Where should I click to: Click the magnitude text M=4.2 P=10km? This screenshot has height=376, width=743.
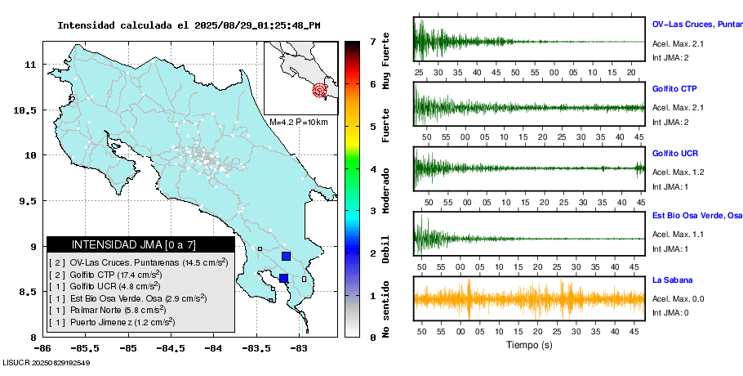point(298,123)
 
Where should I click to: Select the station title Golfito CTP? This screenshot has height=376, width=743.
point(674,88)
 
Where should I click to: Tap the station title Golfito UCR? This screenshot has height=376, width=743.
point(674,154)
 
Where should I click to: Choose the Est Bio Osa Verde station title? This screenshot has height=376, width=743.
point(696,217)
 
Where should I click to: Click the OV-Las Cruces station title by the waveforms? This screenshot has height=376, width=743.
point(696,24)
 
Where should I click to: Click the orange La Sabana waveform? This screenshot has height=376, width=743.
point(529,299)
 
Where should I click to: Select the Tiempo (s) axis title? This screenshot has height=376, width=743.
point(529,346)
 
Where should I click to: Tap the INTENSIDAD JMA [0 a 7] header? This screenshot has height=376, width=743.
point(140,244)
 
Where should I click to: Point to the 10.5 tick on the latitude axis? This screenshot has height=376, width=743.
point(29,110)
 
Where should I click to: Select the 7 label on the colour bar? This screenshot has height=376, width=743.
point(372,41)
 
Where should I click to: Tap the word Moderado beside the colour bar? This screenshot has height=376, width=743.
point(386,190)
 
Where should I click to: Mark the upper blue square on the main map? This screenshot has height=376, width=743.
point(286,256)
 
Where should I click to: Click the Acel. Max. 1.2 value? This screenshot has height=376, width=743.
point(678,172)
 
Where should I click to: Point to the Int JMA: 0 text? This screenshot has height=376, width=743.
point(670,312)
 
